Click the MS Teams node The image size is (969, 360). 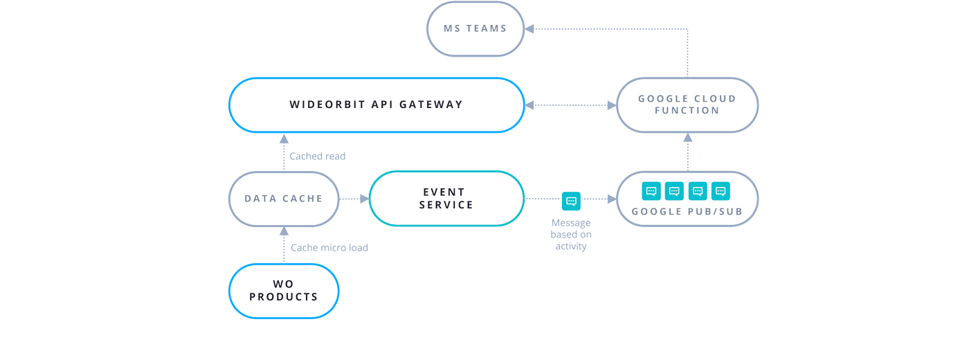[x=475, y=29]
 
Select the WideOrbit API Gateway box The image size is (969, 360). [x=376, y=105]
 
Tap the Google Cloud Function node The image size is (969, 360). [x=687, y=105]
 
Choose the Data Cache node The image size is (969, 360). [x=284, y=199]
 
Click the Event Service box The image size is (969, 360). [x=446, y=199]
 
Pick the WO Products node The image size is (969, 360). [x=284, y=291]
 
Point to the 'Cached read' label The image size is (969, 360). [x=317, y=156]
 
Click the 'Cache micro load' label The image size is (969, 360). [x=329, y=248]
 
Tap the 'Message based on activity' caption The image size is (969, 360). [x=570, y=235]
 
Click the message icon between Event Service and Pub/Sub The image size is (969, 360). [x=571, y=201]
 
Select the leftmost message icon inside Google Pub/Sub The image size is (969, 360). [x=651, y=191]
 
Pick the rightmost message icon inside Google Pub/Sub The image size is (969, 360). [x=721, y=191]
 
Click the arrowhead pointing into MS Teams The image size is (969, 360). [x=529, y=29]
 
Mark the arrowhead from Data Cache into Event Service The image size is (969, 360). [x=364, y=199]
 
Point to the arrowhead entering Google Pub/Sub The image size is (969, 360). [x=612, y=199]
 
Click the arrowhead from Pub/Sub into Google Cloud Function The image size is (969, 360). [x=687, y=138]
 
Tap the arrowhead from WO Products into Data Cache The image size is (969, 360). [x=284, y=231]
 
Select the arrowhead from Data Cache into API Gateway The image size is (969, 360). [x=284, y=138]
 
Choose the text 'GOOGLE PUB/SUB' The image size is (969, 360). [x=687, y=212]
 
